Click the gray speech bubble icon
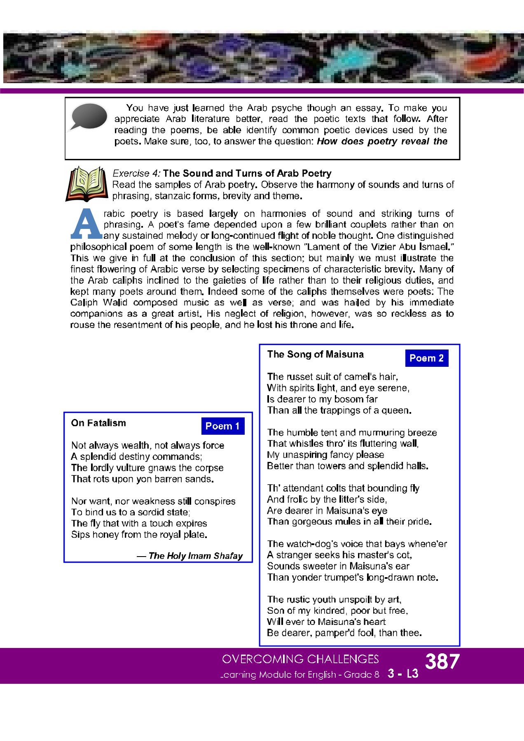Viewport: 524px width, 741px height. [89, 117]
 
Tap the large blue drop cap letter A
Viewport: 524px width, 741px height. [86, 225]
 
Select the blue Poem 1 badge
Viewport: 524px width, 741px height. [222, 426]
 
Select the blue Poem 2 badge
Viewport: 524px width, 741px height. [426, 358]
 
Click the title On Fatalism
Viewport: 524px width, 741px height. [98, 423]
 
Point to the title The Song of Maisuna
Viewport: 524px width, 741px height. [315, 354]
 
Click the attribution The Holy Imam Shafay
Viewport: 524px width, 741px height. [195, 556]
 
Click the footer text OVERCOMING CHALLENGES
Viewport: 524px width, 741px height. [300, 659]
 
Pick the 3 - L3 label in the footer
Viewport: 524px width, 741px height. [403, 674]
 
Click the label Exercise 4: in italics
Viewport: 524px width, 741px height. [136, 173]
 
